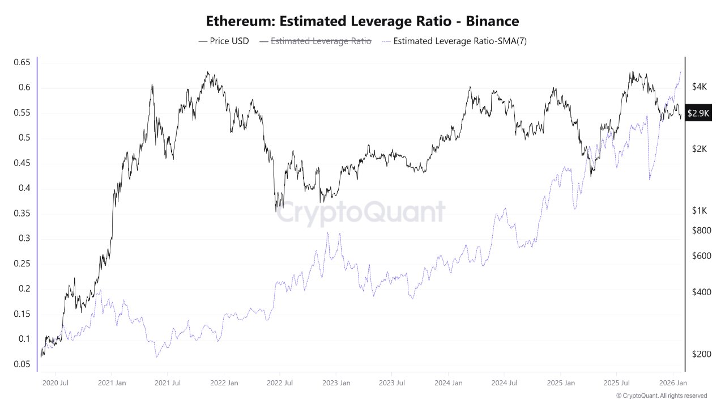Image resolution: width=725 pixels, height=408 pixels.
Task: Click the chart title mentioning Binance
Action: tap(362, 22)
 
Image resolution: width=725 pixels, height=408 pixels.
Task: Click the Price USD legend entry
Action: tap(224, 41)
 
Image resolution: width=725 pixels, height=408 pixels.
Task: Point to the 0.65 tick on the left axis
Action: tap(22, 62)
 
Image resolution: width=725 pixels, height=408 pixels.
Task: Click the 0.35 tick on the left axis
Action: tap(22, 214)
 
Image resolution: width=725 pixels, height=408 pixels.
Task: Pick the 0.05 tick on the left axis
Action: tap(22, 364)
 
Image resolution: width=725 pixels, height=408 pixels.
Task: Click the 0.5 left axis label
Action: tap(23, 138)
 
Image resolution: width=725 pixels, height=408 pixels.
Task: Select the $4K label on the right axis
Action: tap(700, 87)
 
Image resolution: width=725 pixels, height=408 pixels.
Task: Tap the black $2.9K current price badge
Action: tap(698, 113)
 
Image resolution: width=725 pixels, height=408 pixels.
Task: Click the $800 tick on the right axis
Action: tap(702, 230)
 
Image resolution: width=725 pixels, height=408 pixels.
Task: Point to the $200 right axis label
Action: tap(702, 354)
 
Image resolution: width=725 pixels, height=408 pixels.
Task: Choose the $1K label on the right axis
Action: tap(700, 210)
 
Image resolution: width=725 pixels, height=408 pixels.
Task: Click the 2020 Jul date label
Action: tap(56, 383)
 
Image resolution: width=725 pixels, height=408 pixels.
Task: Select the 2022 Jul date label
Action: tap(280, 383)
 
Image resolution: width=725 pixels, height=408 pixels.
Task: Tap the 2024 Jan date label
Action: tap(449, 383)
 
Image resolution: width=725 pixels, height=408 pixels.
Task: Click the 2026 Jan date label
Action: tap(673, 383)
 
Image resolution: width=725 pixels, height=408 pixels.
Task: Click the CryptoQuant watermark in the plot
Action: tap(361, 212)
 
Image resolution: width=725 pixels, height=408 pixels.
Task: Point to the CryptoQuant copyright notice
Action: tap(661, 396)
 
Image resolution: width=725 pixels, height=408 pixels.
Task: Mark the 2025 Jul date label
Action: tap(617, 383)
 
